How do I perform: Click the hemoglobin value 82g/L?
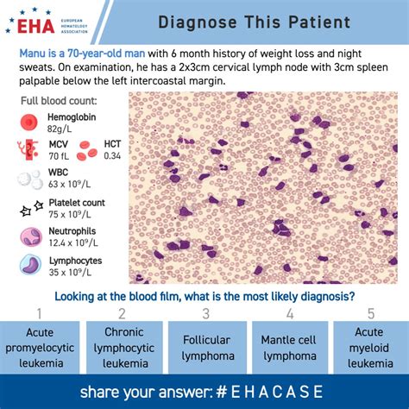pyautogui.click(x=62, y=129)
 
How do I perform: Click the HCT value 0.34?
pyautogui.click(x=113, y=157)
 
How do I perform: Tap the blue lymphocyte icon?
pyautogui.click(x=31, y=266)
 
